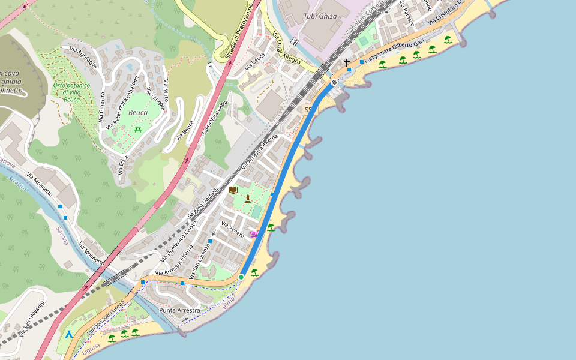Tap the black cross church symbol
coord(346,62)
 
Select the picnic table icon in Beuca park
coord(138,129)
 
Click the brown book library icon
coord(233,190)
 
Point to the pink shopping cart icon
coord(254,233)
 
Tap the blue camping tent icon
coord(68,334)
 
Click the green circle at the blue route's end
coord(241,277)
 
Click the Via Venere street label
coord(233,230)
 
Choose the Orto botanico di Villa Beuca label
coord(71,92)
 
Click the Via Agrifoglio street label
coord(83,58)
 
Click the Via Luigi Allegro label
coord(287,48)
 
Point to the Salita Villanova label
coord(215,118)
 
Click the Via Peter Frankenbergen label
coord(122,101)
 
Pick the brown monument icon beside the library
coord(247,199)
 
